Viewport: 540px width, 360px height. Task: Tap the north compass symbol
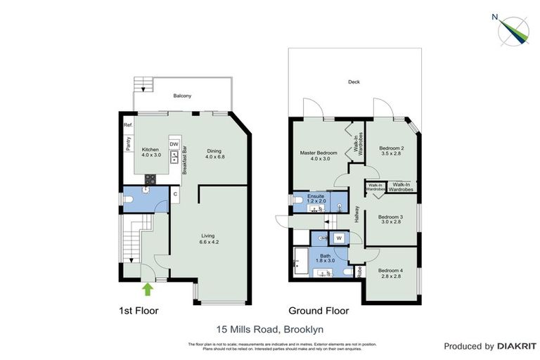click(513, 28)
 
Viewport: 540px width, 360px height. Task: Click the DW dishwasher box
click(174, 145)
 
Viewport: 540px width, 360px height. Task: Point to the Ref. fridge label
click(128, 125)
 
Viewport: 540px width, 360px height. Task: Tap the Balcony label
click(182, 96)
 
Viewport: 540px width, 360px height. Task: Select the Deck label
click(354, 82)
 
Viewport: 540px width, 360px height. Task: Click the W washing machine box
click(338, 238)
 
